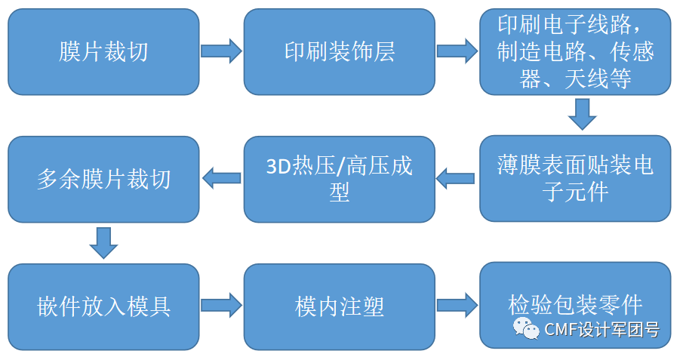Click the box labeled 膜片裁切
point(103,51)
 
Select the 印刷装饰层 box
point(340,51)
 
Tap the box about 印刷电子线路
point(575,51)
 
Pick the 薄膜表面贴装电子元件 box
point(575,178)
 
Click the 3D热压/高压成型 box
point(340,178)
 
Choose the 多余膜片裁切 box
point(103,178)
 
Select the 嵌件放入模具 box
point(103,306)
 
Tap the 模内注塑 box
point(340,306)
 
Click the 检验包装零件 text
point(575,305)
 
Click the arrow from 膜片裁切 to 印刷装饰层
point(221,51)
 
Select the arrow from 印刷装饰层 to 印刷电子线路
point(457,51)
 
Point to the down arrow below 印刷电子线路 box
point(582,116)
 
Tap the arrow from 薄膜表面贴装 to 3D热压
point(457,179)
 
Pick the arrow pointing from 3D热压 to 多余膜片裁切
point(221,179)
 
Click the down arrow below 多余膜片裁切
point(103,241)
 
